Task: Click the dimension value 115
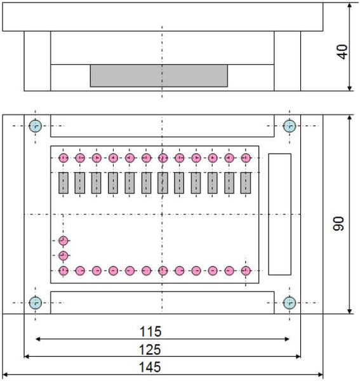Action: tap(150, 331)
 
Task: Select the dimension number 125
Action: tap(150, 350)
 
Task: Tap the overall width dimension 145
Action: tap(150, 367)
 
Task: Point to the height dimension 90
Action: tap(338, 224)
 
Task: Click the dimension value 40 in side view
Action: tap(342, 52)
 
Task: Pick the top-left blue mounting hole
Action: tap(36, 126)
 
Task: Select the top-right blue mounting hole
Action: tap(290, 126)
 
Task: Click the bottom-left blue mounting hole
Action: tap(36, 303)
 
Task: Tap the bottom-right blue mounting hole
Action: tap(290, 303)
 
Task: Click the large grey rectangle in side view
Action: tap(159, 76)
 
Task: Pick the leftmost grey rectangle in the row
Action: tap(63, 183)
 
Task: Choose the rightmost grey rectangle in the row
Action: tap(246, 183)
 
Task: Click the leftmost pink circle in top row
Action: tap(63, 158)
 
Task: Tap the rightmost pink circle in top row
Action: tap(246, 158)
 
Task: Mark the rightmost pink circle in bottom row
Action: tap(246, 271)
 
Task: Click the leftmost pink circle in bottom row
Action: tap(63, 271)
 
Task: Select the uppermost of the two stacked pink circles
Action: tap(63, 241)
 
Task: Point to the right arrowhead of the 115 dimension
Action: tap(287, 339)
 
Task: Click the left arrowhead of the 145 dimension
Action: tap(5, 375)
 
